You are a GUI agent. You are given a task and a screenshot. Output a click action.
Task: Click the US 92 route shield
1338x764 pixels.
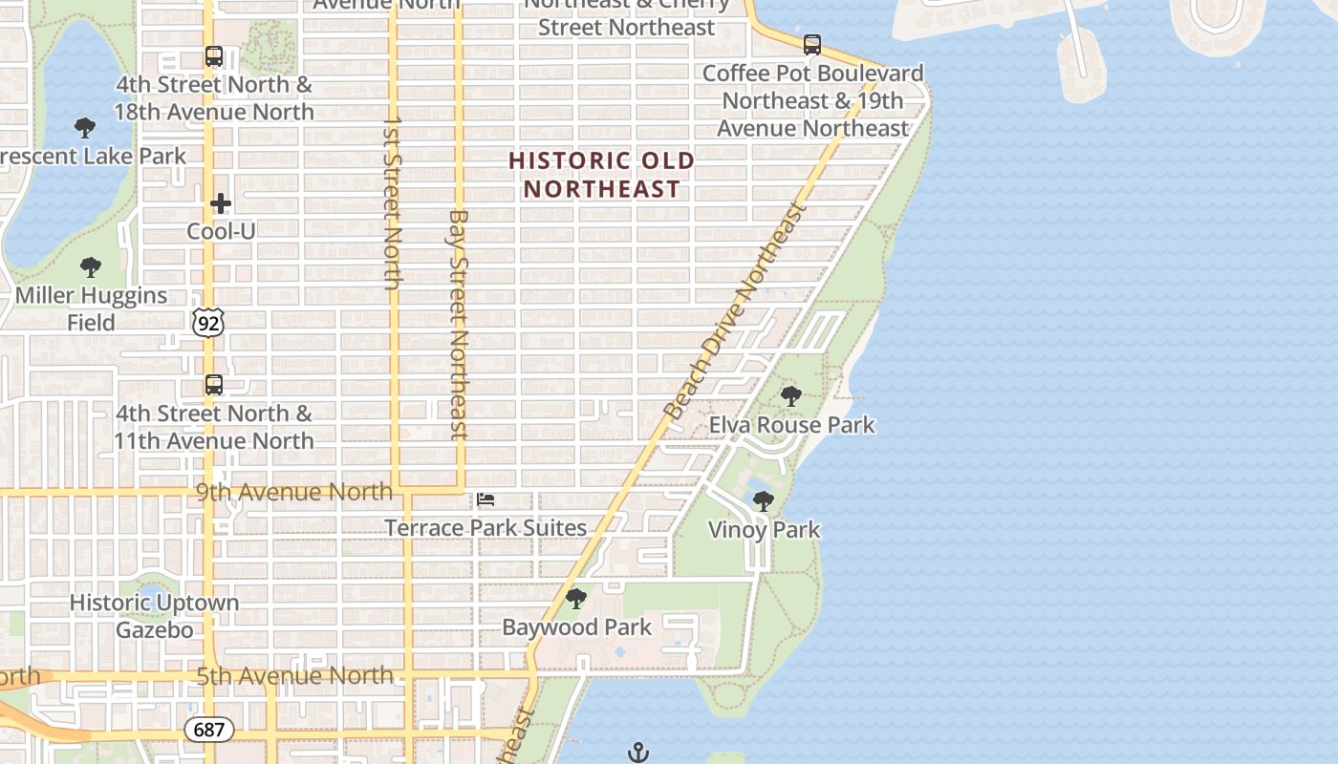[208, 323]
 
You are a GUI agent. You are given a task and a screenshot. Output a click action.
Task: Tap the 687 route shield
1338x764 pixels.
[208, 731]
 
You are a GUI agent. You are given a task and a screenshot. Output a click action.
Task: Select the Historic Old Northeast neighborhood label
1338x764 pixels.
[601, 175]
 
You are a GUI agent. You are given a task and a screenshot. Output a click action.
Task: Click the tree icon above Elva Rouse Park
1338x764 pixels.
[790, 395]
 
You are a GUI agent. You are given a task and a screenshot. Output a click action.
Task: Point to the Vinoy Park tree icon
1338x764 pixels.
[763, 500]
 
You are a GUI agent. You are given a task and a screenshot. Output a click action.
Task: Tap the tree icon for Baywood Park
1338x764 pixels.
[575, 599]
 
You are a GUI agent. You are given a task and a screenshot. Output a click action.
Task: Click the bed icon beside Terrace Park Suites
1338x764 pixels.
[486, 499]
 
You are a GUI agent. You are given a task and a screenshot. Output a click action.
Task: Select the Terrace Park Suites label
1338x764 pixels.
[486, 527]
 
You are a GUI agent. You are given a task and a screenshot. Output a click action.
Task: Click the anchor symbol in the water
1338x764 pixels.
[637, 753]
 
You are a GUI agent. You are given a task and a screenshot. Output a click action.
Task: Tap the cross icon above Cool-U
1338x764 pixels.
[221, 203]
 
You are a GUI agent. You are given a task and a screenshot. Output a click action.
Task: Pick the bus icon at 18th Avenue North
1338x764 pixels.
[213, 56]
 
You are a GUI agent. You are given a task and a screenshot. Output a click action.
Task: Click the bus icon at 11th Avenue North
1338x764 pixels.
[213, 385]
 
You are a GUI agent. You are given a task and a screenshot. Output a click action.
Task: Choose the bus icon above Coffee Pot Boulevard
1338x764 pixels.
[811, 44]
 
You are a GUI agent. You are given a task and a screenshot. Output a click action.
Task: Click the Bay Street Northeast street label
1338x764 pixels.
[459, 325]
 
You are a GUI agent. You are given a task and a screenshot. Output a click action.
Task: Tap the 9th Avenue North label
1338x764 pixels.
[294, 492]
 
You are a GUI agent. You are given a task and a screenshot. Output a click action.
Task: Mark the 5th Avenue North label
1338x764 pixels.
[294, 675]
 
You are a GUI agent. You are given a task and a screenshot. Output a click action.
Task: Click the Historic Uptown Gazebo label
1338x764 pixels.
[154, 616]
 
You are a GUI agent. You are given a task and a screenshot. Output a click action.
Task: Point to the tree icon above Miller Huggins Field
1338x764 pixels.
[91, 267]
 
